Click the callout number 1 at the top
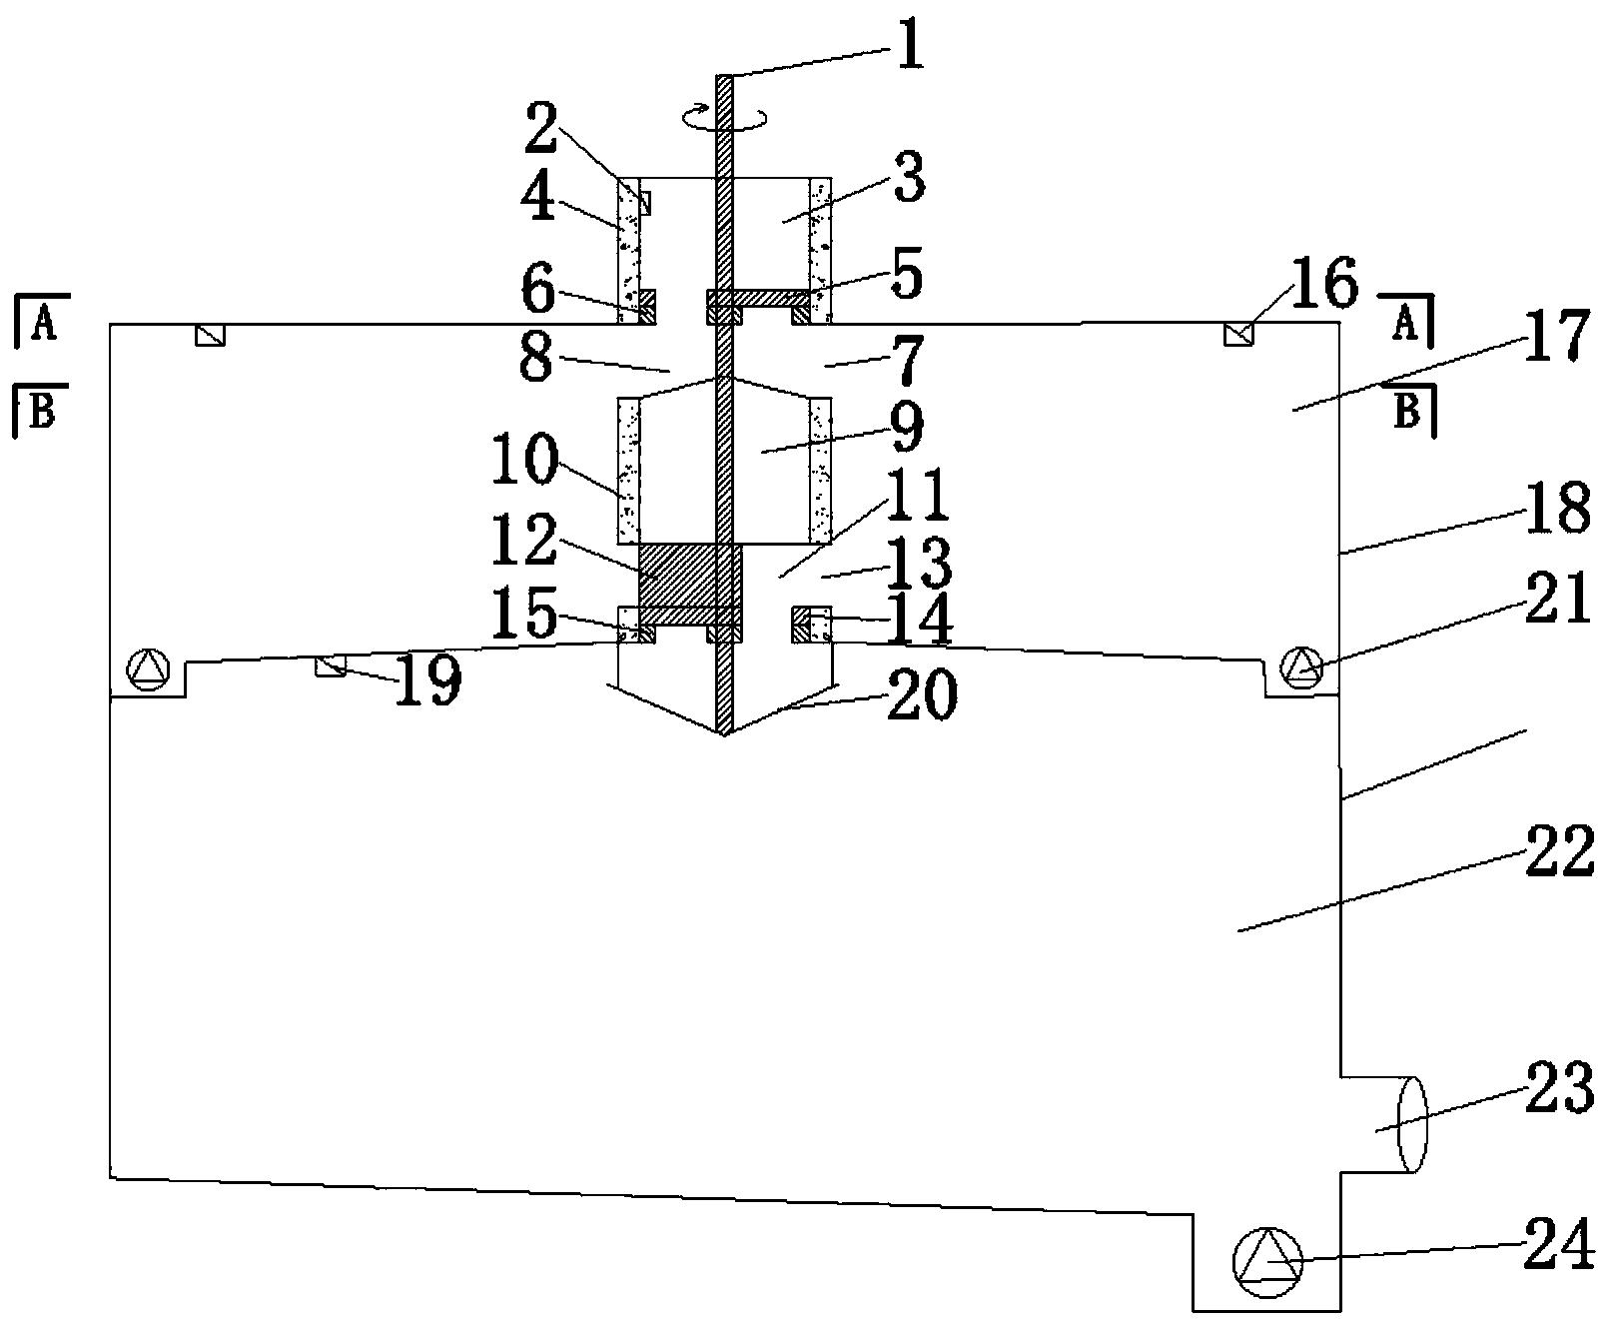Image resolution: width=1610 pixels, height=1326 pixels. (x=909, y=47)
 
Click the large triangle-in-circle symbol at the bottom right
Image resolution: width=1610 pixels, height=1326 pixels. (x=1268, y=1263)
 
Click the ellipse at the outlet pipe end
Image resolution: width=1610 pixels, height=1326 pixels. (x=1411, y=1124)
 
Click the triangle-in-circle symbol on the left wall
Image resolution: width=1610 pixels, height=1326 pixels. (x=150, y=669)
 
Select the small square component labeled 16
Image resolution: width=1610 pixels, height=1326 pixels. (x=1239, y=335)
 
